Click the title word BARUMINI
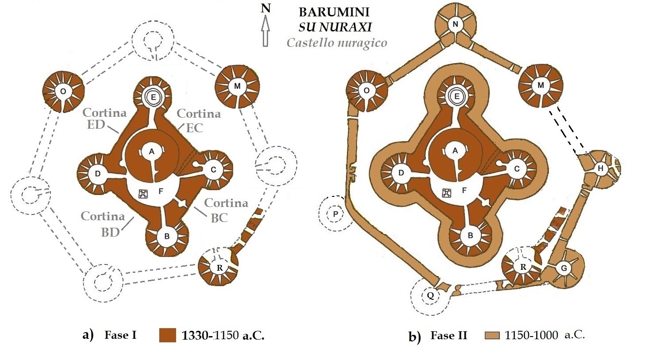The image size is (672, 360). pyautogui.click(x=334, y=12)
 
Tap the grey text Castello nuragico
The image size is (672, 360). pyautogui.click(x=337, y=43)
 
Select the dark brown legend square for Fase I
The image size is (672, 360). pyautogui.click(x=168, y=335)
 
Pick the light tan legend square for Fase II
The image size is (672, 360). pyautogui.click(x=492, y=335)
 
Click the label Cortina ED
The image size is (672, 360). pyautogui.click(x=104, y=118)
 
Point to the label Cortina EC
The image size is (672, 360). pyautogui.click(x=199, y=120)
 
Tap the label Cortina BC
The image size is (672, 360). pyautogui.click(x=226, y=210)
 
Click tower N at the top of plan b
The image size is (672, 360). pyautogui.click(x=455, y=25)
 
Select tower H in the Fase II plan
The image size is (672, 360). pyautogui.click(x=600, y=169)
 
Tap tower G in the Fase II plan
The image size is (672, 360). pyautogui.click(x=564, y=268)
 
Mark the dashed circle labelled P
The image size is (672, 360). pyautogui.click(x=336, y=214)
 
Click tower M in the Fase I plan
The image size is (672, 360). pyautogui.click(x=237, y=86)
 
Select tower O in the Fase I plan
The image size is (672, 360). pyautogui.click(x=63, y=91)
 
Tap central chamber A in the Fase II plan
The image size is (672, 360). pyautogui.click(x=455, y=151)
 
